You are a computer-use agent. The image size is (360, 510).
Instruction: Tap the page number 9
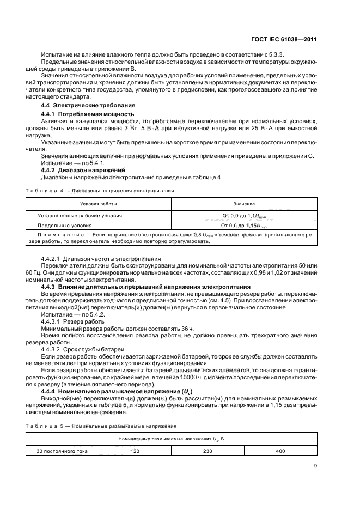[x=316, y=465]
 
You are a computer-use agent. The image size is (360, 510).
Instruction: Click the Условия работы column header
[x=99, y=204]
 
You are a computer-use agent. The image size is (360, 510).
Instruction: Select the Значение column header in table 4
[x=244, y=204]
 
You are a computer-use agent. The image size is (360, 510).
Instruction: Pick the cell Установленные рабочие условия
[x=80, y=216]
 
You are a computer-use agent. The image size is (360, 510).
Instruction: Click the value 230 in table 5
[x=208, y=451]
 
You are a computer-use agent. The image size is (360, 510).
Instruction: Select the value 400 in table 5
[x=280, y=451]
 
